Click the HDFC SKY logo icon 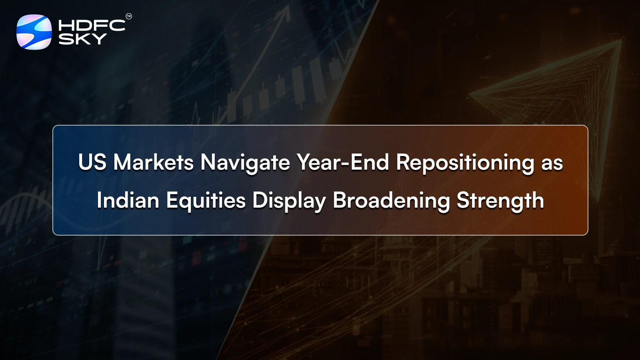click(34, 32)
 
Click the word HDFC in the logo click(92, 26)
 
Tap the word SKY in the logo click(82, 39)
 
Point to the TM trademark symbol click(129, 16)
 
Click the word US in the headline click(92, 162)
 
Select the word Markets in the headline click(153, 162)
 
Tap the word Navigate click(245, 162)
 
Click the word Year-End click(343, 162)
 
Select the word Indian click(128, 200)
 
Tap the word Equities click(206, 201)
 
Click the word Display click(289, 201)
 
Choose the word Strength click(500, 201)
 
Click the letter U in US click(86, 162)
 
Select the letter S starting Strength click(463, 200)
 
